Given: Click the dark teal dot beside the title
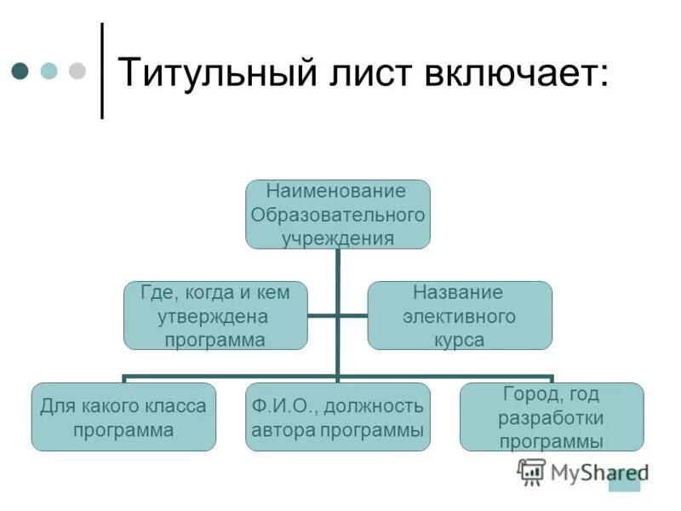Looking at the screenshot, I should pos(20,70).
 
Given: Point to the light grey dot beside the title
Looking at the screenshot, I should pos(77,70).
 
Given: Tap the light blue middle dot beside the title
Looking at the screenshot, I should pos(49,70).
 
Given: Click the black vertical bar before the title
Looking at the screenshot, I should pos(102,70).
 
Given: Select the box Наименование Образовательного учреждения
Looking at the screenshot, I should pos(338,214).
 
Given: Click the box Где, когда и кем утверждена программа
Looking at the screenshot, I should pos(215,316).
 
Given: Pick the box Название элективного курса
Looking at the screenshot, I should pos(459,316).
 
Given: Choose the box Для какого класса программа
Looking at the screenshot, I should pos(123,417).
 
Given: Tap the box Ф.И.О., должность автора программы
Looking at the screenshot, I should pos(338,417).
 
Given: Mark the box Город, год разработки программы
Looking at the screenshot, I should pos(552,417).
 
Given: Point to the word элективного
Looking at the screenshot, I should pos(459,317).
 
